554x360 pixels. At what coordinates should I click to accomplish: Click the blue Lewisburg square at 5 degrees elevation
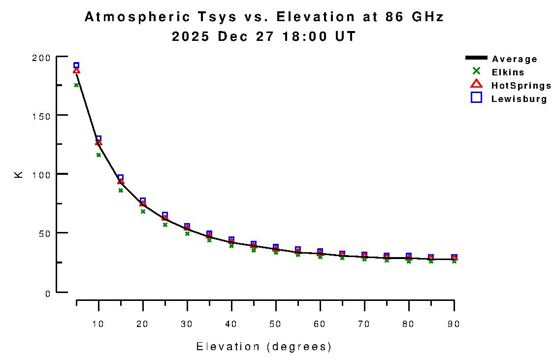[x=76, y=65]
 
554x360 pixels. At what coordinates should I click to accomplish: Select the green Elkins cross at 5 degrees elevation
[x=76, y=85]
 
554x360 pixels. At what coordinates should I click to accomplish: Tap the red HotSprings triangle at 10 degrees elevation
[x=98, y=142]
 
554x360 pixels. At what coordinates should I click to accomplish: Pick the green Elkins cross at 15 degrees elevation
[x=121, y=190]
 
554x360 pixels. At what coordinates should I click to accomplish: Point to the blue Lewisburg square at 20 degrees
[x=143, y=201]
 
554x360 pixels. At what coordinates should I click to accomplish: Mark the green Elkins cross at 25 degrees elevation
[x=165, y=225]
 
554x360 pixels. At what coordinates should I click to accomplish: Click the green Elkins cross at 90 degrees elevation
[x=454, y=261]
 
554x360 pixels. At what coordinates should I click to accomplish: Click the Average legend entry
[x=515, y=59]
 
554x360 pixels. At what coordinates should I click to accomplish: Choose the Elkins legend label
[x=508, y=72]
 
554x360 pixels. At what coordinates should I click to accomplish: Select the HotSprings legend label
[x=521, y=86]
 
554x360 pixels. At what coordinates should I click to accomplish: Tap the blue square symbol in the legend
[x=476, y=98]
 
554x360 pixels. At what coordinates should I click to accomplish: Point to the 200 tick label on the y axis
[x=42, y=58]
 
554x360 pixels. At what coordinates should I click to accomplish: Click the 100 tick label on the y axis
[x=42, y=174]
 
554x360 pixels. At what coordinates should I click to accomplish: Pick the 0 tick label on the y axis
[x=48, y=294]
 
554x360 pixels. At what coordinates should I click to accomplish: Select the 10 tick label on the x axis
[x=98, y=324]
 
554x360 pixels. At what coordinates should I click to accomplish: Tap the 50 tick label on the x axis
[x=276, y=324]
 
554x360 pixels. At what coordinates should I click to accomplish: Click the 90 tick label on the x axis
[x=454, y=324]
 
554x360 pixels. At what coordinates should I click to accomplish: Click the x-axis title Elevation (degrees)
[x=264, y=347]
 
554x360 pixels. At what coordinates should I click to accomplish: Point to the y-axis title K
[x=19, y=174]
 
